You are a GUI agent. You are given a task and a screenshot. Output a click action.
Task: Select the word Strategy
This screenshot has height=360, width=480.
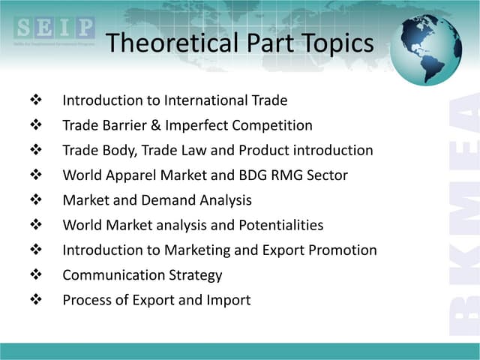point(196,275)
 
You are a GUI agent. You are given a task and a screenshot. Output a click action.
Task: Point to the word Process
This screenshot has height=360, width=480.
point(86,300)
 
